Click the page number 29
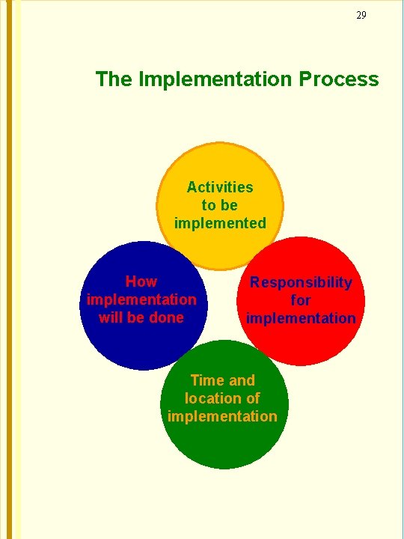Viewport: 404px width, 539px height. pos(361,15)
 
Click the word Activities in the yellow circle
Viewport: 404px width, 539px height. pos(220,187)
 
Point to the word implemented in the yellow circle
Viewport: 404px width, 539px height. pos(220,223)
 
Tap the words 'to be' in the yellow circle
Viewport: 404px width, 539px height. pos(220,205)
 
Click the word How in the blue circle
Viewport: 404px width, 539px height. pos(141,281)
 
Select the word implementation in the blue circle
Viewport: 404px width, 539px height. pos(141,299)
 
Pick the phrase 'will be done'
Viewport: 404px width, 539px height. pos(141,317)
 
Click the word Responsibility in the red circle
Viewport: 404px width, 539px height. pos(301,282)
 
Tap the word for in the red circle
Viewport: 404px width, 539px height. pos(301,300)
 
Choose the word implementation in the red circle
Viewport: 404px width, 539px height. pos(301,318)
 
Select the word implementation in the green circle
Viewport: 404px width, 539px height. pos(222,416)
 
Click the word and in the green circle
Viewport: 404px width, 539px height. pos(240,380)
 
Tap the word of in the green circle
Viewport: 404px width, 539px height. pos(253,398)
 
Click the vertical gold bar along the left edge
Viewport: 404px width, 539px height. pos(9,269)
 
